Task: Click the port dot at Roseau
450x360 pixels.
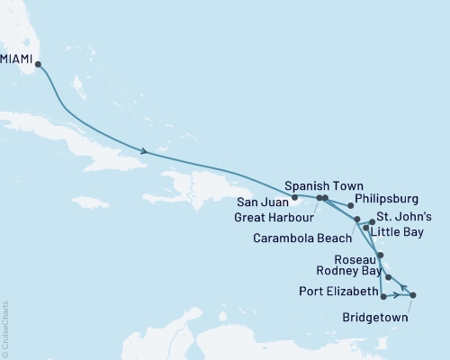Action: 381,256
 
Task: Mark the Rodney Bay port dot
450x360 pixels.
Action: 388,277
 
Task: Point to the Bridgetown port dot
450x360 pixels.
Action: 413,295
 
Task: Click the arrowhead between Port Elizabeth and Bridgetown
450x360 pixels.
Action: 398,295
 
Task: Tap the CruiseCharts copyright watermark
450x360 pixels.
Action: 6,328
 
